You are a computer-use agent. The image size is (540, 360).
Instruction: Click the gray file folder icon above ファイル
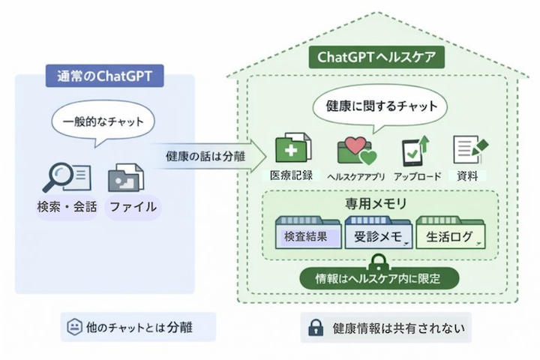(x=126, y=178)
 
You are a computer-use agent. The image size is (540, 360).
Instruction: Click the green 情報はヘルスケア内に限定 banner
(x=379, y=278)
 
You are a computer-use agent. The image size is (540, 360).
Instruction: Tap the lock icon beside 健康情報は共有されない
(x=315, y=328)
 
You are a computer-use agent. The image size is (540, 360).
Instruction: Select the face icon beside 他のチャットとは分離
(x=74, y=328)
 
